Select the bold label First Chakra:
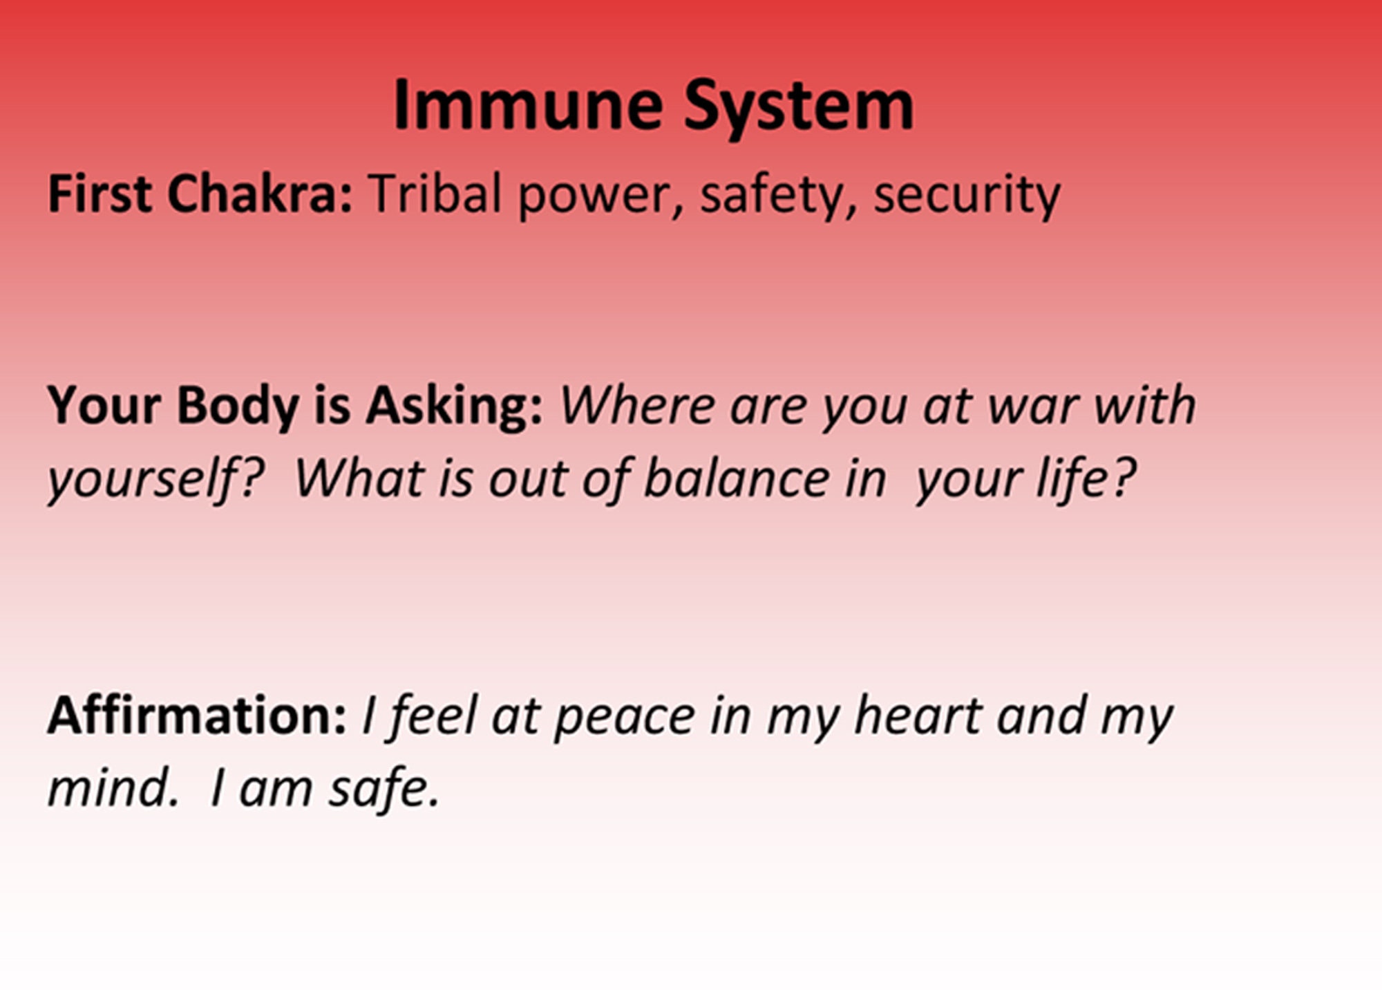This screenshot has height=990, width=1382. (200, 194)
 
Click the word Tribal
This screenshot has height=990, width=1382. (435, 194)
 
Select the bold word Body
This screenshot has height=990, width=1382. (237, 406)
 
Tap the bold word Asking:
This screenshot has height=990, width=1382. (454, 406)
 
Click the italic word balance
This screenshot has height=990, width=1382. (736, 478)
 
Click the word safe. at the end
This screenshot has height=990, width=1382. (384, 788)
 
